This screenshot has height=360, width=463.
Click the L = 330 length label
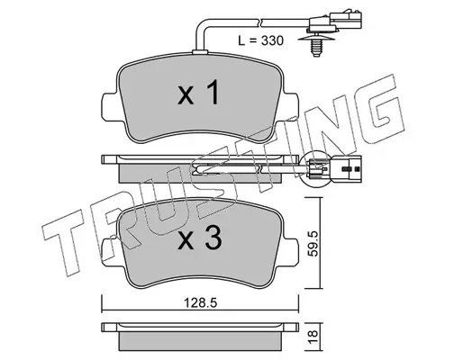click(260, 40)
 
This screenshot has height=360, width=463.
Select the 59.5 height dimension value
click(313, 243)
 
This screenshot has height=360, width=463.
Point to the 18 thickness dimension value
click(313, 337)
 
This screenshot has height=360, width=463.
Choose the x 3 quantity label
click(200, 238)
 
